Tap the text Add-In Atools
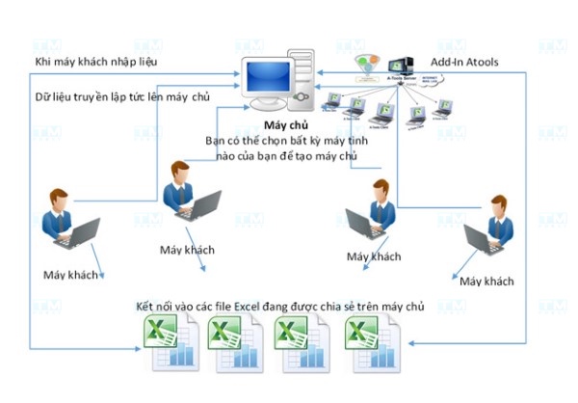pyautogui.click(x=477, y=63)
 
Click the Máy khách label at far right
pyautogui.click(x=486, y=281)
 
